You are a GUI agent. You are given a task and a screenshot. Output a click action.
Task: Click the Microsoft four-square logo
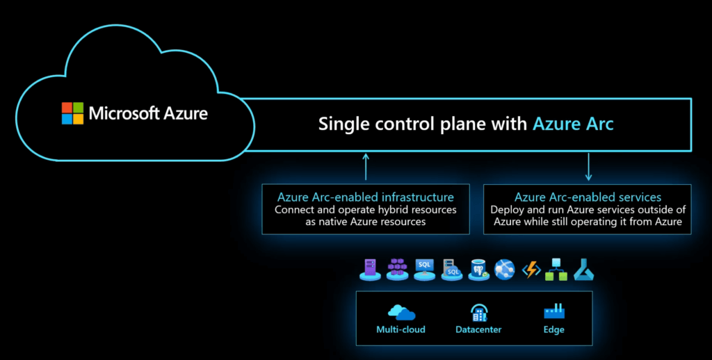pos(72,113)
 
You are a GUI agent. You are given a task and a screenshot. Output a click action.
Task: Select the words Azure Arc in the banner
pos(573,124)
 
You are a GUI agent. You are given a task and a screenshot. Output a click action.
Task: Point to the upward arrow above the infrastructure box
pos(366,167)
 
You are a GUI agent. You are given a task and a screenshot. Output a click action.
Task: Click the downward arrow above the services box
pos(588,167)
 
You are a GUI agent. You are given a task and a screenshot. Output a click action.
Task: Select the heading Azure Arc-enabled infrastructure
pos(366,197)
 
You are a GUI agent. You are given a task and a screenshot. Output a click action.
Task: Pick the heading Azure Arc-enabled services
pos(588,197)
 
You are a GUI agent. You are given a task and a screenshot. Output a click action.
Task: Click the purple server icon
pos(370,269)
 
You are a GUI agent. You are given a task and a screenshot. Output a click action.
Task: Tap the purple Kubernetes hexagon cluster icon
pos(397,269)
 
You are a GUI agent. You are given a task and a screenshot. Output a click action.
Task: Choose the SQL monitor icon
pos(425,270)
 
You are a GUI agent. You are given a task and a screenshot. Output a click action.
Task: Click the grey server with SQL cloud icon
pos(452,270)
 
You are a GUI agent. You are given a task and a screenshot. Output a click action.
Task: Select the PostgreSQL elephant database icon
pos(478,270)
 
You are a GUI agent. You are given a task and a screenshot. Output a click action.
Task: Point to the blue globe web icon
pos(505,269)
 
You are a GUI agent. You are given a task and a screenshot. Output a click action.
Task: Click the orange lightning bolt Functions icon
pos(531,270)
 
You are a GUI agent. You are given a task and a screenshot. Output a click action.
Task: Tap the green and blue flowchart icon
pos(556,269)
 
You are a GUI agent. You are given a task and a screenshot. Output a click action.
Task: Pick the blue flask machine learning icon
pos(583,270)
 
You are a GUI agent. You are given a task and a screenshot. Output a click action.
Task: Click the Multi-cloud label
pos(400,329)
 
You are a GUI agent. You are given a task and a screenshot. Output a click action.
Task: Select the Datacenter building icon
pos(478,313)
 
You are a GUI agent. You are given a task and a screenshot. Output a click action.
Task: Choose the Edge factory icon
pos(554,312)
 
